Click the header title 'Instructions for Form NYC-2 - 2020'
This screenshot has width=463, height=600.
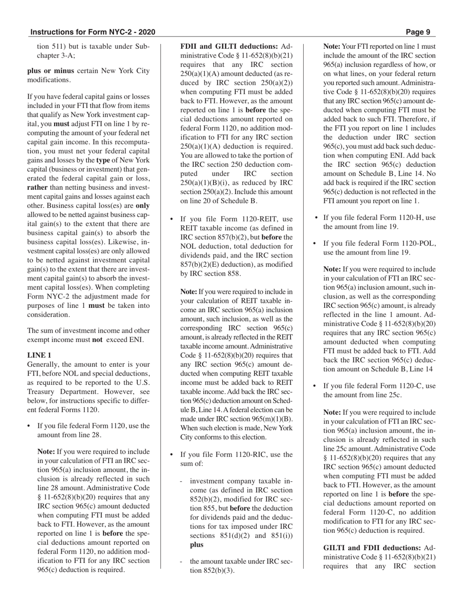click(x=93, y=32)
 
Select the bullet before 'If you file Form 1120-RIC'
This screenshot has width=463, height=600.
click(x=172, y=455)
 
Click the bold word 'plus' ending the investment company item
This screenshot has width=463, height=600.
click(x=196, y=544)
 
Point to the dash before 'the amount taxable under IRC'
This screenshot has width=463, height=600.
click(x=181, y=561)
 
